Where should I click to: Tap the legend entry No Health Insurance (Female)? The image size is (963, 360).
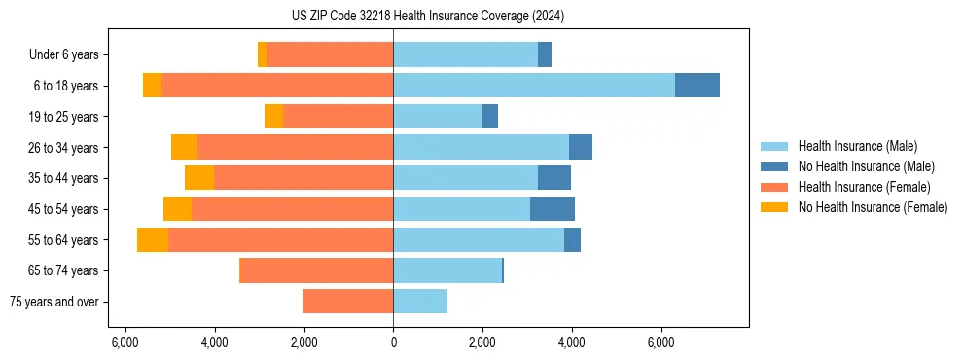873,207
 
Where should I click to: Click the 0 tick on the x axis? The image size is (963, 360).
393,342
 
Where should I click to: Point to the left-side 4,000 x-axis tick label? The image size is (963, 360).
214,342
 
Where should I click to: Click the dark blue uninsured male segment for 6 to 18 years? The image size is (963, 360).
697,86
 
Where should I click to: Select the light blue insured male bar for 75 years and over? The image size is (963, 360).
420,302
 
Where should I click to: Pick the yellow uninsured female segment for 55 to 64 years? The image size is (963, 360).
153,240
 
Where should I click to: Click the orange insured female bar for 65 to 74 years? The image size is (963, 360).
316,270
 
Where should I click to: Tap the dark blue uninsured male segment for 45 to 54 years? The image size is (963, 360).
553,209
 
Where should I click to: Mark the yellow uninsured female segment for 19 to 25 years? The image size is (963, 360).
273,117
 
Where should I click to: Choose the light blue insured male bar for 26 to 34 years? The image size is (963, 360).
481,147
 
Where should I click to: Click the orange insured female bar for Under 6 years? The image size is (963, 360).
330,55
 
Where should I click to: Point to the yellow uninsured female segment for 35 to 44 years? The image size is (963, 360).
199,178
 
